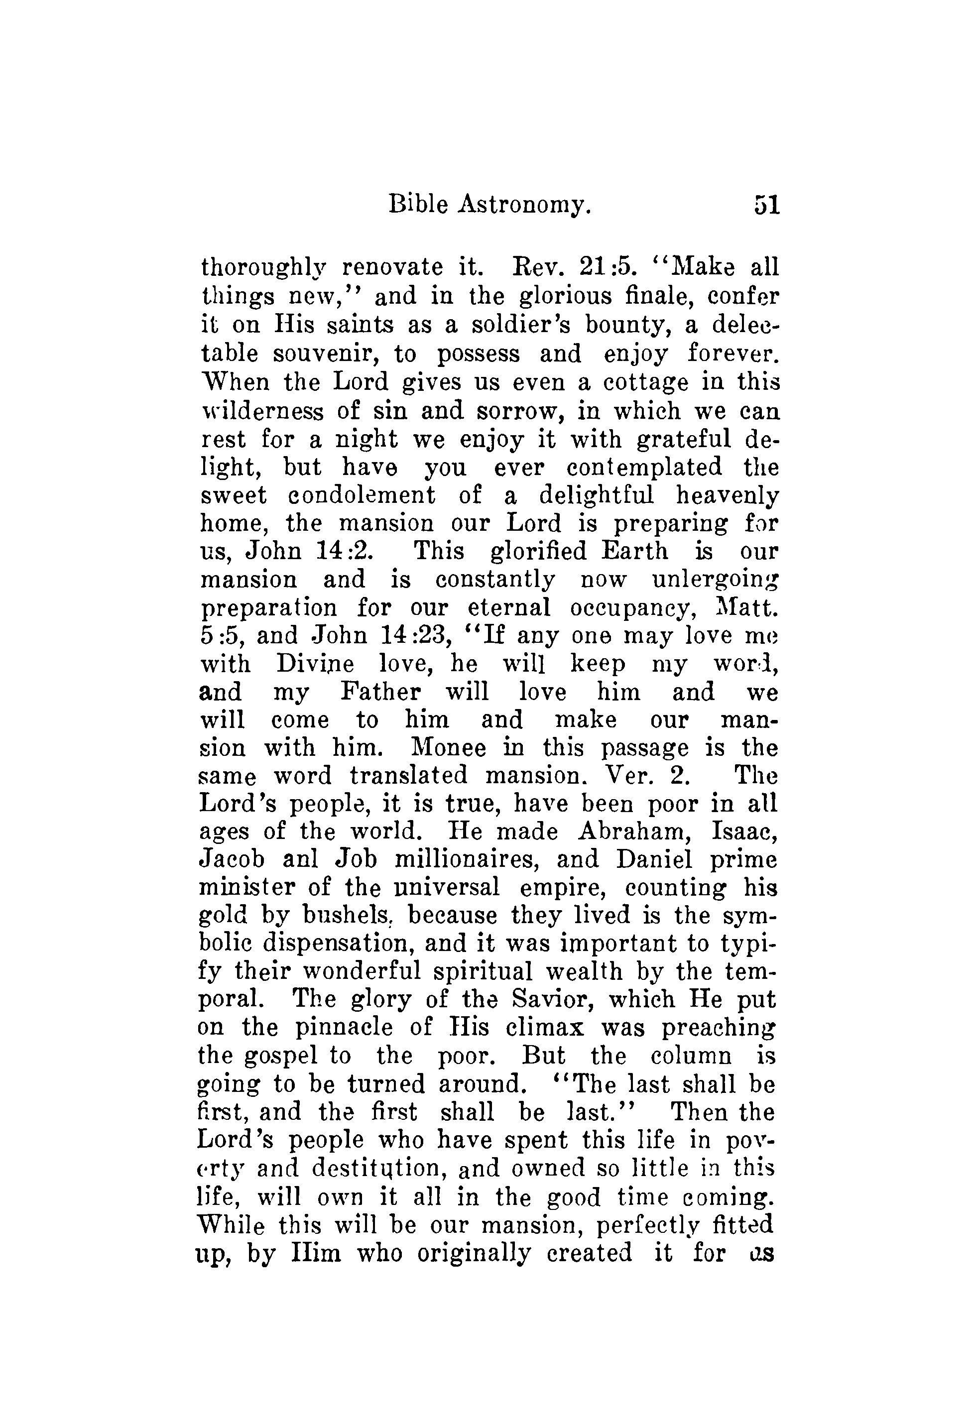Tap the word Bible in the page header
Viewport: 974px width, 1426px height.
pyautogui.click(x=417, y=204)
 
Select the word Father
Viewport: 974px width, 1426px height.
pyautogui.click(x=380, y=692)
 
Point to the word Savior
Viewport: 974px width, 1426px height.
pyautogui.click(x=552, y=1000)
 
